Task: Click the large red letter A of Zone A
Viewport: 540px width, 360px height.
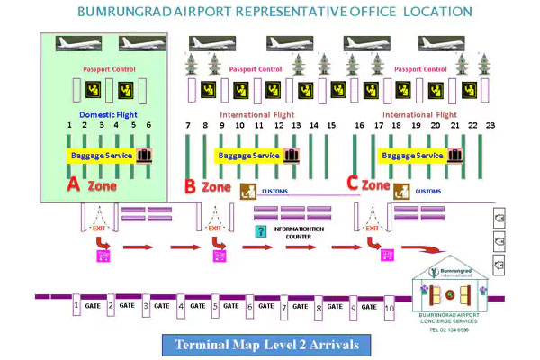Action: coord(76,184)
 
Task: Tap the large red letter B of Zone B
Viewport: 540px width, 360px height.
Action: coord(190,186)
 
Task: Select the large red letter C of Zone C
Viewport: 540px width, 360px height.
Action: coord(353,183)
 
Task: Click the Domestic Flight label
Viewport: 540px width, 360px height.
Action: coord(109,115)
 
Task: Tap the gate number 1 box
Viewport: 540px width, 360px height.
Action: coord(76,306)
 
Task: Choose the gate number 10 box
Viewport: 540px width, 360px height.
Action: coord(390,308)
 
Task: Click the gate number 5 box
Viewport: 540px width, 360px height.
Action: coord(215,306)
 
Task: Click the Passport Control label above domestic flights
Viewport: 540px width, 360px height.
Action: coord(108,68)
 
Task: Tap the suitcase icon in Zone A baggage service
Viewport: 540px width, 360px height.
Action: coord(145,155)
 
